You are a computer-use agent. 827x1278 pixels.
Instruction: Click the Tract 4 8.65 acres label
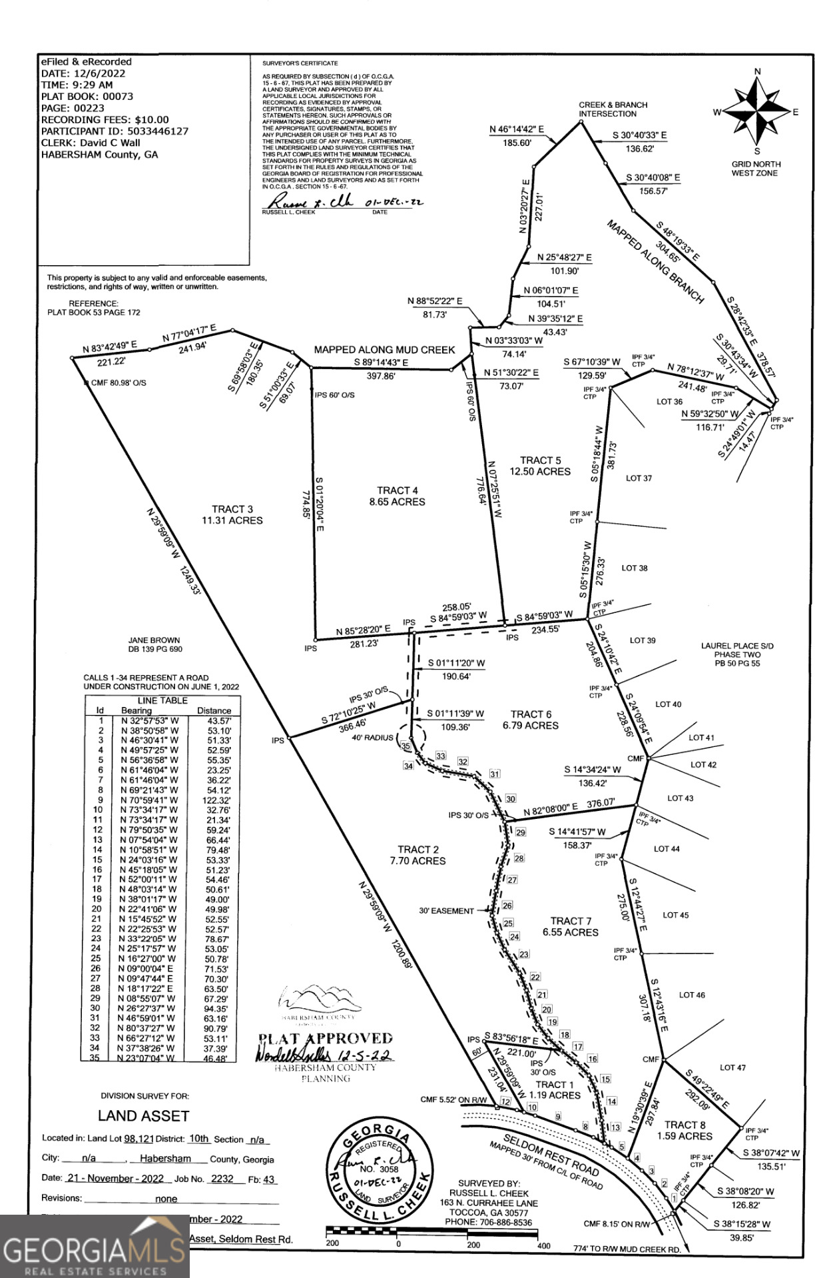click(x=397, y=496)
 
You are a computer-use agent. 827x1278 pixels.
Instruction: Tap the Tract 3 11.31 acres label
click(x=232, y=515)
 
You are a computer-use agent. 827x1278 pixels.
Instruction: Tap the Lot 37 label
click(x=639, y=478)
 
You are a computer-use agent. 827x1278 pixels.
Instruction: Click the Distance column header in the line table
click(x=214, y=711)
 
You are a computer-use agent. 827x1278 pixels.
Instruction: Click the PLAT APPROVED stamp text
click(x=326, y=1039)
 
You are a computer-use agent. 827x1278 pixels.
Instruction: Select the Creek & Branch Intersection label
click(x=613, y=109)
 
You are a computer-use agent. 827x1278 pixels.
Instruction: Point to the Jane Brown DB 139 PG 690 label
click(x=154, y=644)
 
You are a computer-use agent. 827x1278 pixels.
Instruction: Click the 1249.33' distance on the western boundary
click(x=190, y=580)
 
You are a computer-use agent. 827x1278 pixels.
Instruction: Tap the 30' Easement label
click(x=446, y=911)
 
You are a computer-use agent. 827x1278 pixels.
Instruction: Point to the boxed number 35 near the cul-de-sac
click(x=406, y=746)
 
